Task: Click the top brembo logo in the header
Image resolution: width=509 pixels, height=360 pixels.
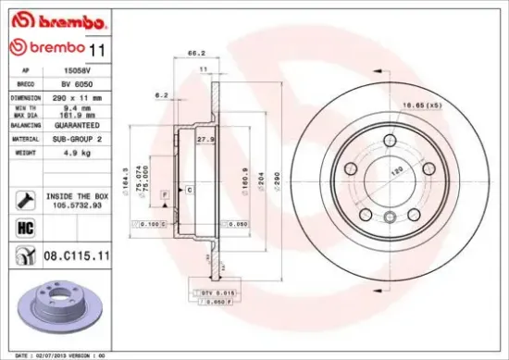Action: point(46,19)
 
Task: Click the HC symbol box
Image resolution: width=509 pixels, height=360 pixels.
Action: point(24,228)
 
